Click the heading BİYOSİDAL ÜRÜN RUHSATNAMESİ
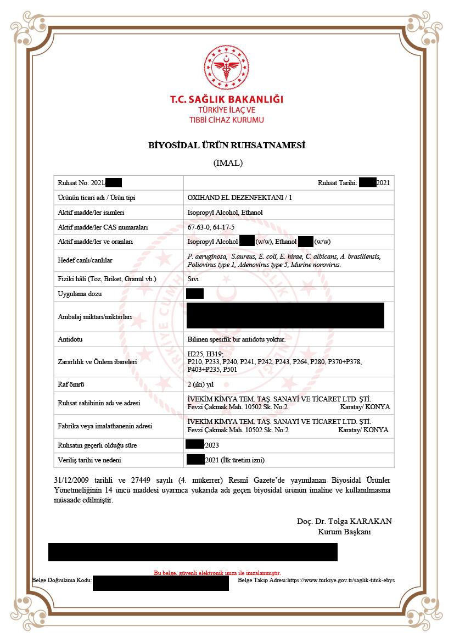(x=227, y=146)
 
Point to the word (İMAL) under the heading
(x=227, y=163)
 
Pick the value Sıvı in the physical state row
(x=193, y=279)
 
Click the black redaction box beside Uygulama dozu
(x=195, y=293)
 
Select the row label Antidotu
(x=70, y=339)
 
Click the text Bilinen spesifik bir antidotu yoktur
(x=237, y=339)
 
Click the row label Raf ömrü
(x=71, y=384)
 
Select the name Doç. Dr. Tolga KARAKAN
(x=344, y=521)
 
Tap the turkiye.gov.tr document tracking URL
(x=341, y=580)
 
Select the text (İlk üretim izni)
(x=246, y=460)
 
